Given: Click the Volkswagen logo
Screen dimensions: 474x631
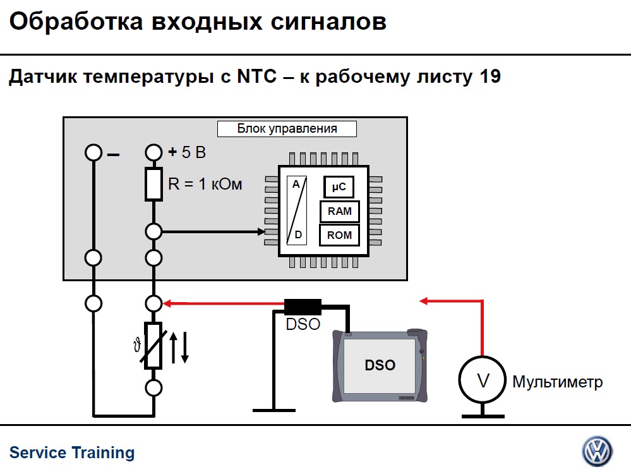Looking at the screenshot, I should [x=597, y=451].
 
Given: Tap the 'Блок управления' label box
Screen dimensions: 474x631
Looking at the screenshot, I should [x=287, y=129].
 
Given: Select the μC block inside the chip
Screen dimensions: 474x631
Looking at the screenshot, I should [x=339, y=187].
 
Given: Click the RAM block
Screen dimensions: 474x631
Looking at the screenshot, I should [x=340, y=211].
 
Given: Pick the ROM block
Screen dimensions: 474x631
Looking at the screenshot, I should [x=340, y=236].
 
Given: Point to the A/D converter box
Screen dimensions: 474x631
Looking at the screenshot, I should [x=296, y=210].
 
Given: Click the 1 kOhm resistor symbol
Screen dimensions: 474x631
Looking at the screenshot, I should [x=153, y=184].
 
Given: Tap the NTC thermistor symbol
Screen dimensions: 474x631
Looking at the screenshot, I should [x=153, y=345].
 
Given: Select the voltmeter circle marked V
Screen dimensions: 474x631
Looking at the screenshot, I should [x=483, y=381].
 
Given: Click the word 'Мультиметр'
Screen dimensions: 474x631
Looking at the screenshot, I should [x=557, y=382].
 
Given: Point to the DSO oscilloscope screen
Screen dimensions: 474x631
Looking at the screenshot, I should [x=380, y=365].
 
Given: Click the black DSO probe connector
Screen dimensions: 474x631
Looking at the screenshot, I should [x=303, y=308].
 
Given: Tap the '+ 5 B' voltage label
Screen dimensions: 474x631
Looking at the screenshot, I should [x=188, y=152].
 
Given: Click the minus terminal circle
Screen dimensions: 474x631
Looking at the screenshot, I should [x=93, y=152].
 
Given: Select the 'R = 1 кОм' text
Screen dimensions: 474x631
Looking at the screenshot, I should [x=205, y=185].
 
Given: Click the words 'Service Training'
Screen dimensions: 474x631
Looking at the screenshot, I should [x=72, y=453].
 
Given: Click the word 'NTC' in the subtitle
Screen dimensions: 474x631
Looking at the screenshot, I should [x=256, y=77].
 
